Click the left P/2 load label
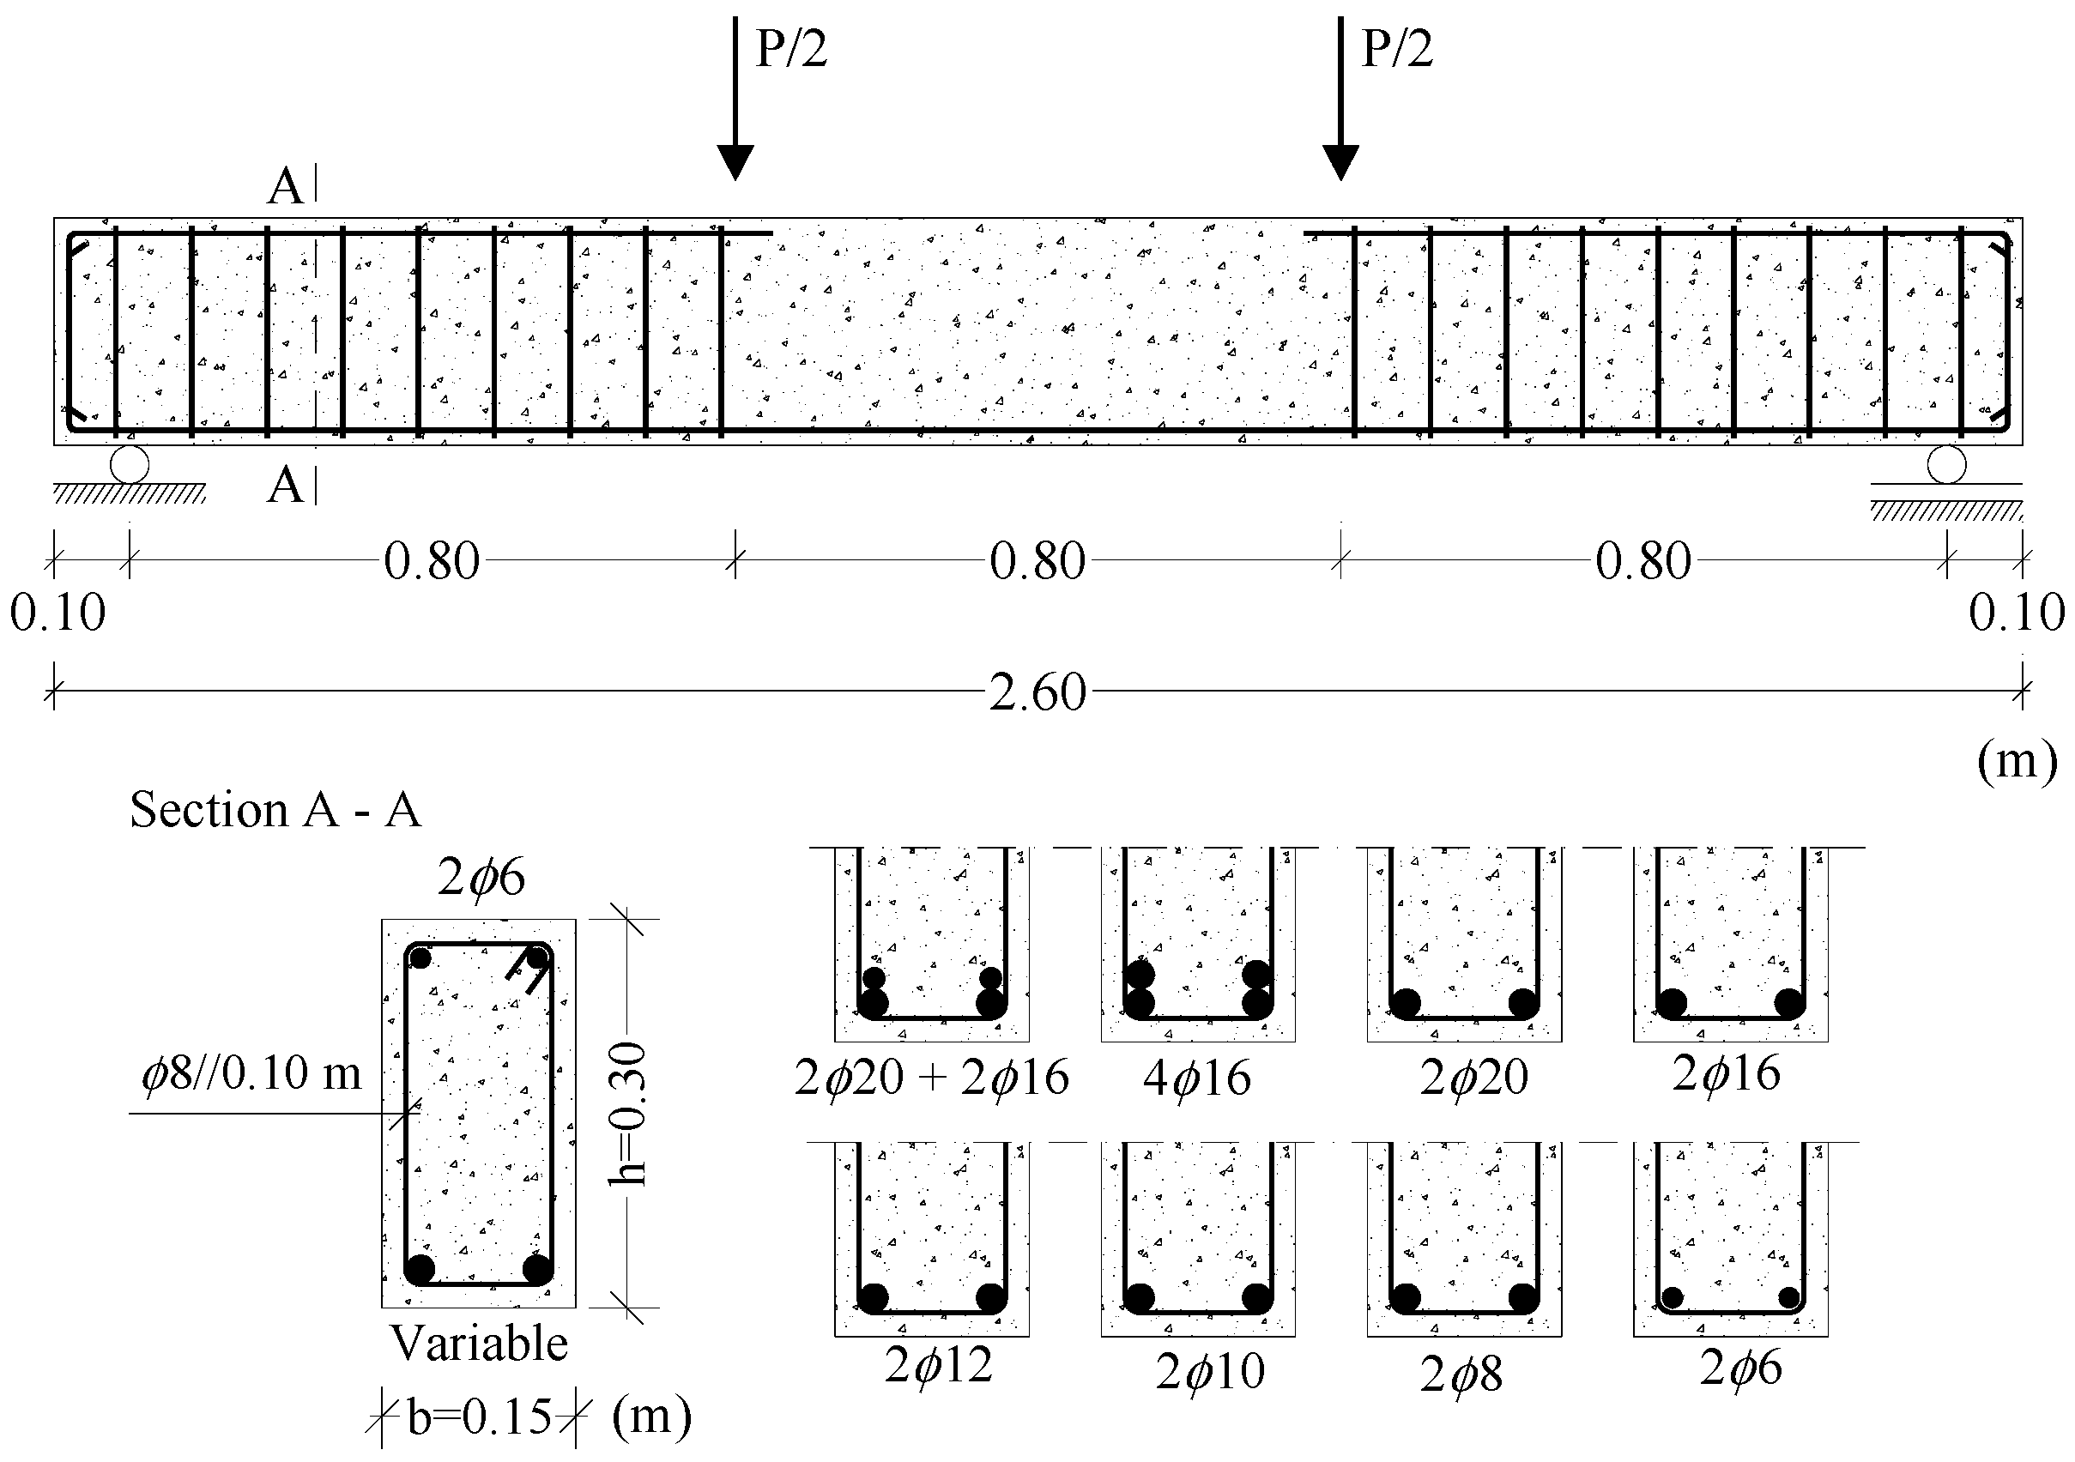(790, 49)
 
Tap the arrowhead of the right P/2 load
(1340, 163)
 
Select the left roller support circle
(130, 464)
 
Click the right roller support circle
(1945, 466)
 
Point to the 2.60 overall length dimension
(1037, 693)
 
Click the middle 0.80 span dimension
(1037, 562)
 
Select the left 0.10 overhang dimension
(57, 613)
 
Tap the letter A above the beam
(286, 188)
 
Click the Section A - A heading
(275, 810)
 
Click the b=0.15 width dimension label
(479, 1417)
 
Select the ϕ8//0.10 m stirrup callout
(251, 1074)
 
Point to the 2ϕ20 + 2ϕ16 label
(931, 1078)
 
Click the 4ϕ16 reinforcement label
(1196, 1078)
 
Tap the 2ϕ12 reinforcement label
(938, 1365)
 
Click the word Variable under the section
(479, 1344)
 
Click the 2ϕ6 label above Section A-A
(481, 878)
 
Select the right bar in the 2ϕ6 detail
(1788, 1297)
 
